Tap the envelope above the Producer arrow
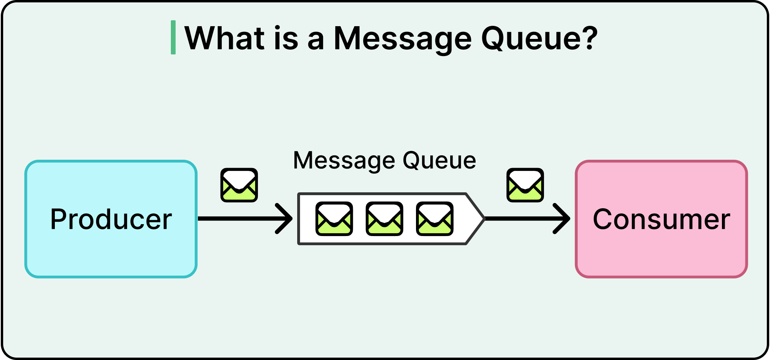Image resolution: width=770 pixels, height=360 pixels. pyautogui.click(x=239, y=185)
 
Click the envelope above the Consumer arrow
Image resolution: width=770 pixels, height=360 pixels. pyautogui.click(x=525, y=185)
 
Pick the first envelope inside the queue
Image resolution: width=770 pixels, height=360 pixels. pyautogui.click(x=334, y=219)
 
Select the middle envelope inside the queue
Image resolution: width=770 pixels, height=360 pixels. pyautogui.click(x=384, y=219)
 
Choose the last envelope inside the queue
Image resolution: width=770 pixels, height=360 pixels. pyautogui.click(x=435, y=219)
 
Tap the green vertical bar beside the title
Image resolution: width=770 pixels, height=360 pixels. pyautogui.click(x=173, y=37)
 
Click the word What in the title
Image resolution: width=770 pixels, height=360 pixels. pyautogui.click(x=225, y=38)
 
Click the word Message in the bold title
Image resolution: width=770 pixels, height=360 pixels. pyautogui.click(x=402, y=39)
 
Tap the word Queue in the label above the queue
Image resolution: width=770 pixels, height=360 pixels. pyautogui.click(x=439, y=161)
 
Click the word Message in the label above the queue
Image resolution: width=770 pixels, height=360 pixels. pyautogui.click(x=344, y=161)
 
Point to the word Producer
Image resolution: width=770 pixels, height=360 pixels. pyautogui.click(x=111, y=219)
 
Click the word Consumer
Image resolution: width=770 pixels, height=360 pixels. pyautogui.click(x=661, y=219)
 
